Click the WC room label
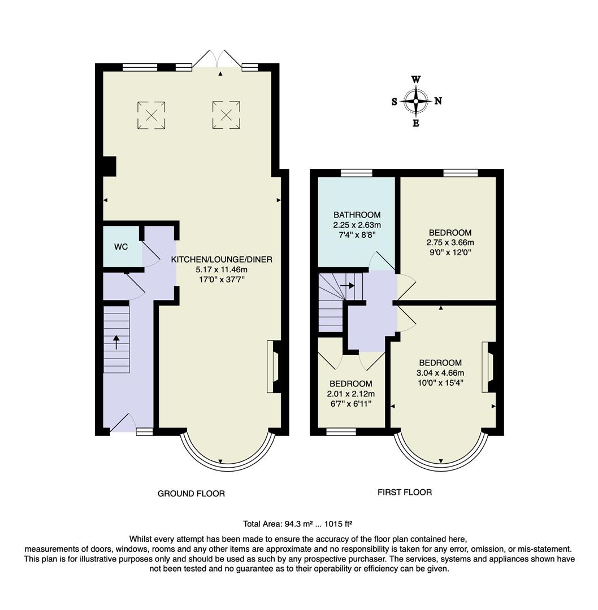point(121,247)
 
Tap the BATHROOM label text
point(357,215)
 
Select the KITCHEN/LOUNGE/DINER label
point(222,259)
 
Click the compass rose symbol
point(417,101)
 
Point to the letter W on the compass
point(416,80)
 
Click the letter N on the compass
point(438,101)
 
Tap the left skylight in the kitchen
point(151,115)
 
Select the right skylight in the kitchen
point(226,115)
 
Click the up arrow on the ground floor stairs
point(116,342)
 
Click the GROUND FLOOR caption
point(191,494)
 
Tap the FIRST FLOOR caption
point(405,493)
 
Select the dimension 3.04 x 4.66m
point(441,373)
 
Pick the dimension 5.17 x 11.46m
point(222,269)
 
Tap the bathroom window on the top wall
point(356,173)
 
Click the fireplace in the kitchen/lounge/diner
point(273,367)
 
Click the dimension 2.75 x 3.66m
point(450,242)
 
